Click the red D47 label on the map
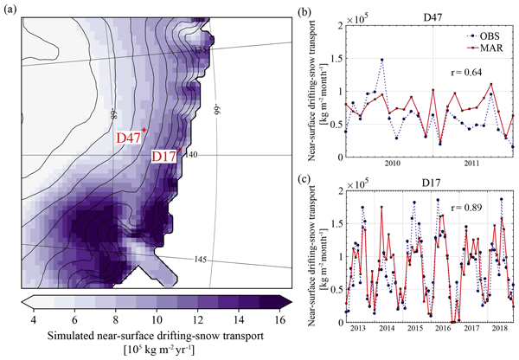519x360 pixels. tap(128, 138)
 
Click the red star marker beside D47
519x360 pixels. tap(144, 130)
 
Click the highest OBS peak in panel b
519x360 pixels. tap(381, 60)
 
